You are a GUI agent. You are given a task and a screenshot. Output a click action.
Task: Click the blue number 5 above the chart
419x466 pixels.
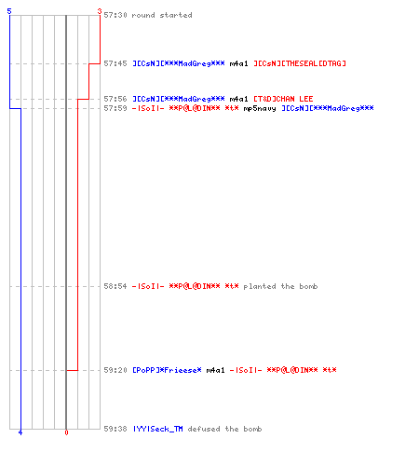click(9, 11)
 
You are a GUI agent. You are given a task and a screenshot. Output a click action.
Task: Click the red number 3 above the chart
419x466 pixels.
click(100, 11)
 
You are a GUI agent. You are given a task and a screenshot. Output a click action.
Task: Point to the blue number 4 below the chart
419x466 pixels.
click(20, 432)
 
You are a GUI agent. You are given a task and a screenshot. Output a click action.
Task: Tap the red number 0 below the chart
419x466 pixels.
click(66, 432)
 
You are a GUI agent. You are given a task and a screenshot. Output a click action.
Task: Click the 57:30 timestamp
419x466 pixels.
click(115, 15)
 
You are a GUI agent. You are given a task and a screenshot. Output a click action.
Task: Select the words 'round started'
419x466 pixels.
click(162, 15)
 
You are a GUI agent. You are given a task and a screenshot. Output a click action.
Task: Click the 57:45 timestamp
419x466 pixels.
click(115, 63)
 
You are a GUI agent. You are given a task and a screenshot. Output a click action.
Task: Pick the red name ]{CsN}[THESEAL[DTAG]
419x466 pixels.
click(300, 63)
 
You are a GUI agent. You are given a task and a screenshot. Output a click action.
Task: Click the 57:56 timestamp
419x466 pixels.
click(115, 99)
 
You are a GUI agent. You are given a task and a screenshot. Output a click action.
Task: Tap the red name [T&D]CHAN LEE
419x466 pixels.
click(283, 99)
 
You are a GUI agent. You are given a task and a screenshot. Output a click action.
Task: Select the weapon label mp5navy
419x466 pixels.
click(260, 108)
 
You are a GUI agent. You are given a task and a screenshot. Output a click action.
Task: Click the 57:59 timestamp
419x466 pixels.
click(115, 108)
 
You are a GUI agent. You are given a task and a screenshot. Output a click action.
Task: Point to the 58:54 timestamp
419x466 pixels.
click(115, 286)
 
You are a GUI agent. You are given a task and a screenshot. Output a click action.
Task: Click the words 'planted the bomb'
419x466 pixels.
click(280, 286)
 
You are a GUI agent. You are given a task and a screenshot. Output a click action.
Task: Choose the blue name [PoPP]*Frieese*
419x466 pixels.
click(167, 370)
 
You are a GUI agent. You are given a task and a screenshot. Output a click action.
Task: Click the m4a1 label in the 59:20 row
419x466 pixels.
click(215, 370)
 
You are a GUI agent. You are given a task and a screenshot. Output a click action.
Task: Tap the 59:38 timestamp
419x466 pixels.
click(115, 429)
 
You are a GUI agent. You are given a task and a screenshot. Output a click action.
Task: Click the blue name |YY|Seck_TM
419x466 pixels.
click(157, 429)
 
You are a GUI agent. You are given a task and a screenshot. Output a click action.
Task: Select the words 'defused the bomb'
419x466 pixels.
click(224, 429)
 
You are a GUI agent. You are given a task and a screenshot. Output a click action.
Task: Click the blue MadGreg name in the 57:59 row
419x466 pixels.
click(328, 108)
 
